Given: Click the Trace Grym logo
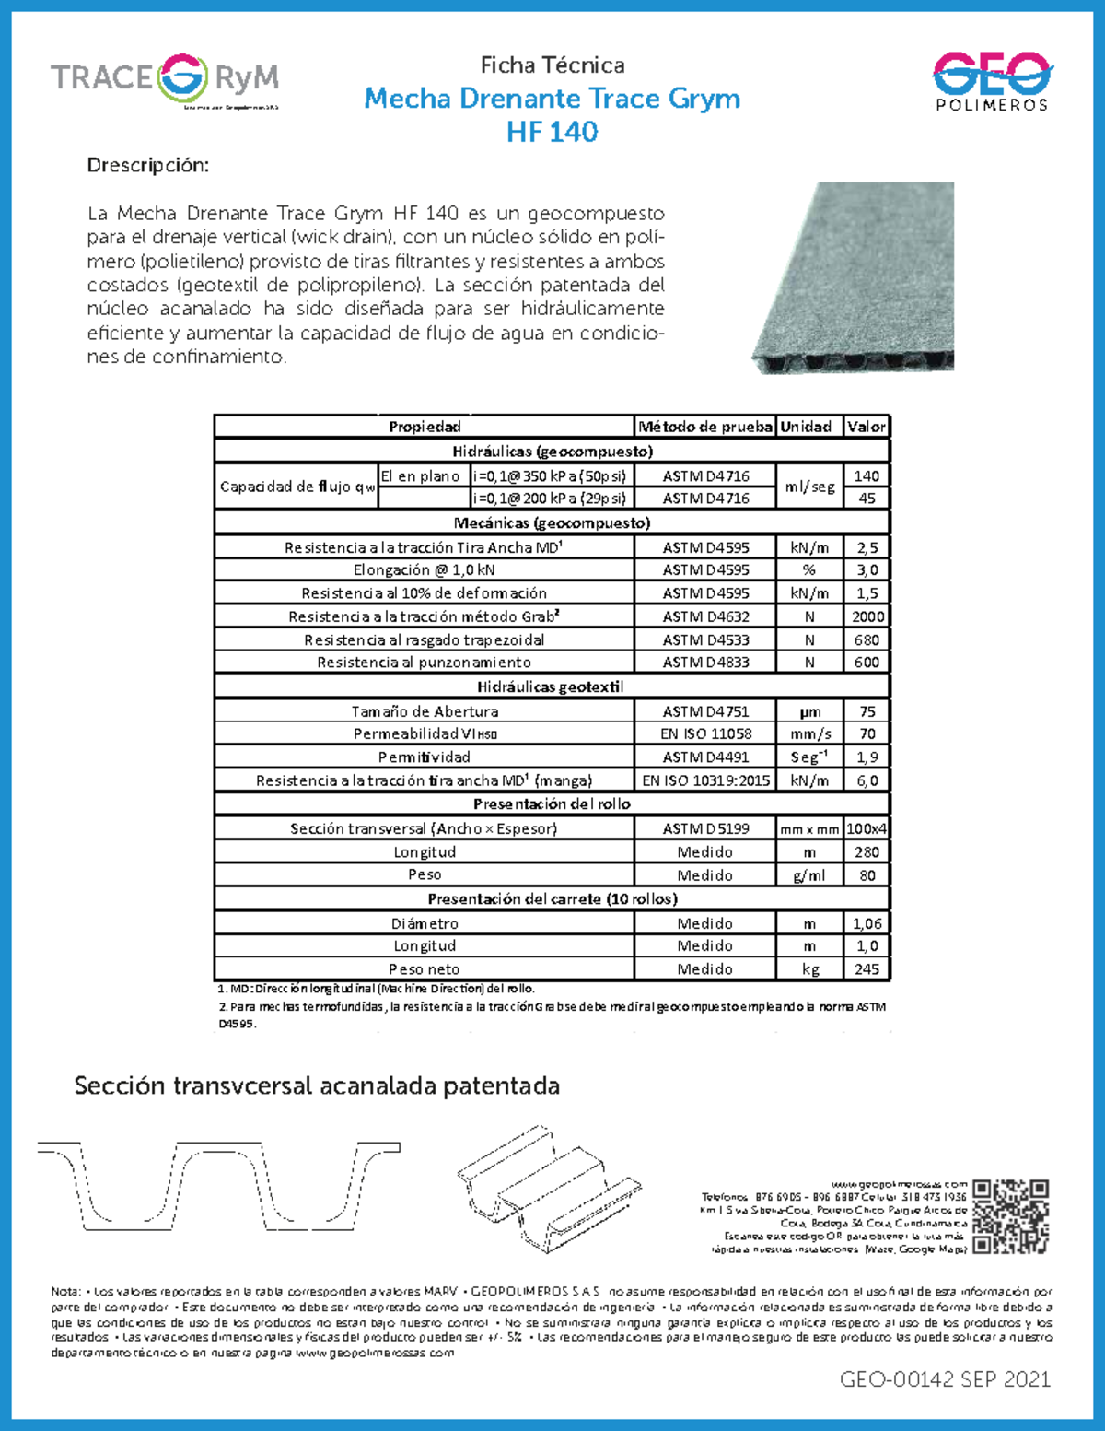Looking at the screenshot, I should coord(165,79).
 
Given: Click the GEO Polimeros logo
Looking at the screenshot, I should coord(992,81).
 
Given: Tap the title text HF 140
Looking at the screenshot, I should coord(552,132).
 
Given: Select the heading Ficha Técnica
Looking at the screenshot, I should coord(552,65).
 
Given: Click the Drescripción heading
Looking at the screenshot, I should coord(148,165).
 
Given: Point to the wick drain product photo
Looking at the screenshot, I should coord(854,277).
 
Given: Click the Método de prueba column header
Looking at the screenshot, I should coord(705,427).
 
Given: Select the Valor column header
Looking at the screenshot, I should coord(866,427).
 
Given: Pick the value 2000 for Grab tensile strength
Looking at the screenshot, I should coord(867,616).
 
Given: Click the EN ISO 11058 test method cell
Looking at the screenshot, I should coord(705,733).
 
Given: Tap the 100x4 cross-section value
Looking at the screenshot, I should coord(867,828).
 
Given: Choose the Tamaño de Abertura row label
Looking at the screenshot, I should coord(425,711).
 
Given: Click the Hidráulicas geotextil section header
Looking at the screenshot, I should coord(551,686).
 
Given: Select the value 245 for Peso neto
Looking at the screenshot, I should coord(867,969).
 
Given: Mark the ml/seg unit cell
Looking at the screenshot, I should coord(809,487).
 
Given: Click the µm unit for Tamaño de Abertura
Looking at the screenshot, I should coord(809,711).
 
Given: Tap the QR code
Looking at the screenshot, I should coord(1010,1216).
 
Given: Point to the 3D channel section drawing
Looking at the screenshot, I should coord(550,1189).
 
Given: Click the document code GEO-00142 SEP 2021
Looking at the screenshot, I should coord(945,1379).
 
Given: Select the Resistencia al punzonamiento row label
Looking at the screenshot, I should coord(425,663).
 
